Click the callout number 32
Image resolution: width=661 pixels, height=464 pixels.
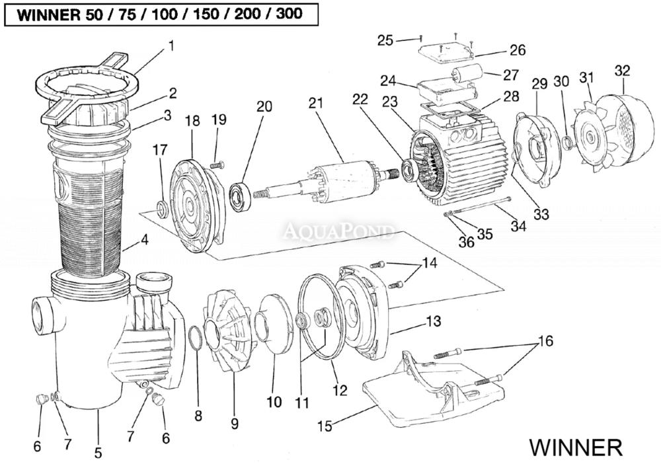click(622, 70)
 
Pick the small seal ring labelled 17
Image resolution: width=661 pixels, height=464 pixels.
click(161, 210)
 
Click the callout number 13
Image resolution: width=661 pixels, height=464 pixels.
click(433, 323)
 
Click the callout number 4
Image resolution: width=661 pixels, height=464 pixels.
click(144, 242)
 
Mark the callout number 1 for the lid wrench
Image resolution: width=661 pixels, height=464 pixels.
click(171, 46)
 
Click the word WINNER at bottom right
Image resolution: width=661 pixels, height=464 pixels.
click(574, 447)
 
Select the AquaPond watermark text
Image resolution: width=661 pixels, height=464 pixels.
click(338, 232)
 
